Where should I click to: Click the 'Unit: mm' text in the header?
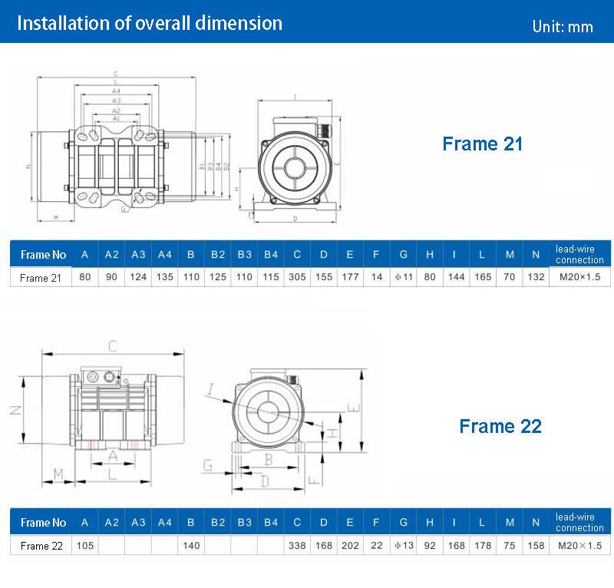pos(562,26)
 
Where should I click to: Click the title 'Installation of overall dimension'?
pos(150,23)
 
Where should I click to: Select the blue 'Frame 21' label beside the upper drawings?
pos(482,144)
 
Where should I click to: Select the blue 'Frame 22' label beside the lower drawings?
pos(500,426)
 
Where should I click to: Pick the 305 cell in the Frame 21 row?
pos(296,277)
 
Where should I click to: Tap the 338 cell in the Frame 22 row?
pos(296,546)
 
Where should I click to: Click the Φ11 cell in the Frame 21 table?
pos(403,277)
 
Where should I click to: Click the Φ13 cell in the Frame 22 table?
pos(403,546)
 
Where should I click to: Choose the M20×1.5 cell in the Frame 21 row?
pos(580,277)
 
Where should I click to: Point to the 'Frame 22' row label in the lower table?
pos(41,546)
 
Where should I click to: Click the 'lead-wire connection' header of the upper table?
pos(580,254)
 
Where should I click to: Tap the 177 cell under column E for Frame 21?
pos(350,277)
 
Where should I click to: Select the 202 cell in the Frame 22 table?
pos(350,546)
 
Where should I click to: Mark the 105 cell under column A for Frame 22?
pos(84,546)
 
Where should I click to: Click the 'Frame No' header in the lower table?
pos(43,523)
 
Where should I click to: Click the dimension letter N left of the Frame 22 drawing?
pos(14,410)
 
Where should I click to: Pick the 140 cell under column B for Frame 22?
pos(190,546)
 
